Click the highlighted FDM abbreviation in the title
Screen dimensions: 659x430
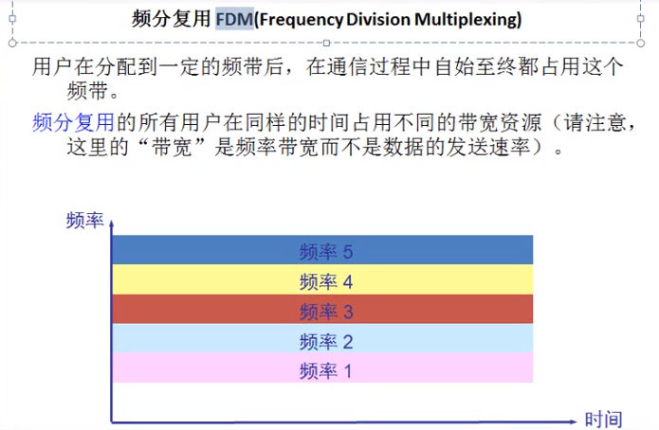point(234,18)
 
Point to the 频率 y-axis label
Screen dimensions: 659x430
point(84,221)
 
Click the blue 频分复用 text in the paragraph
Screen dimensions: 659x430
point(73,122)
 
